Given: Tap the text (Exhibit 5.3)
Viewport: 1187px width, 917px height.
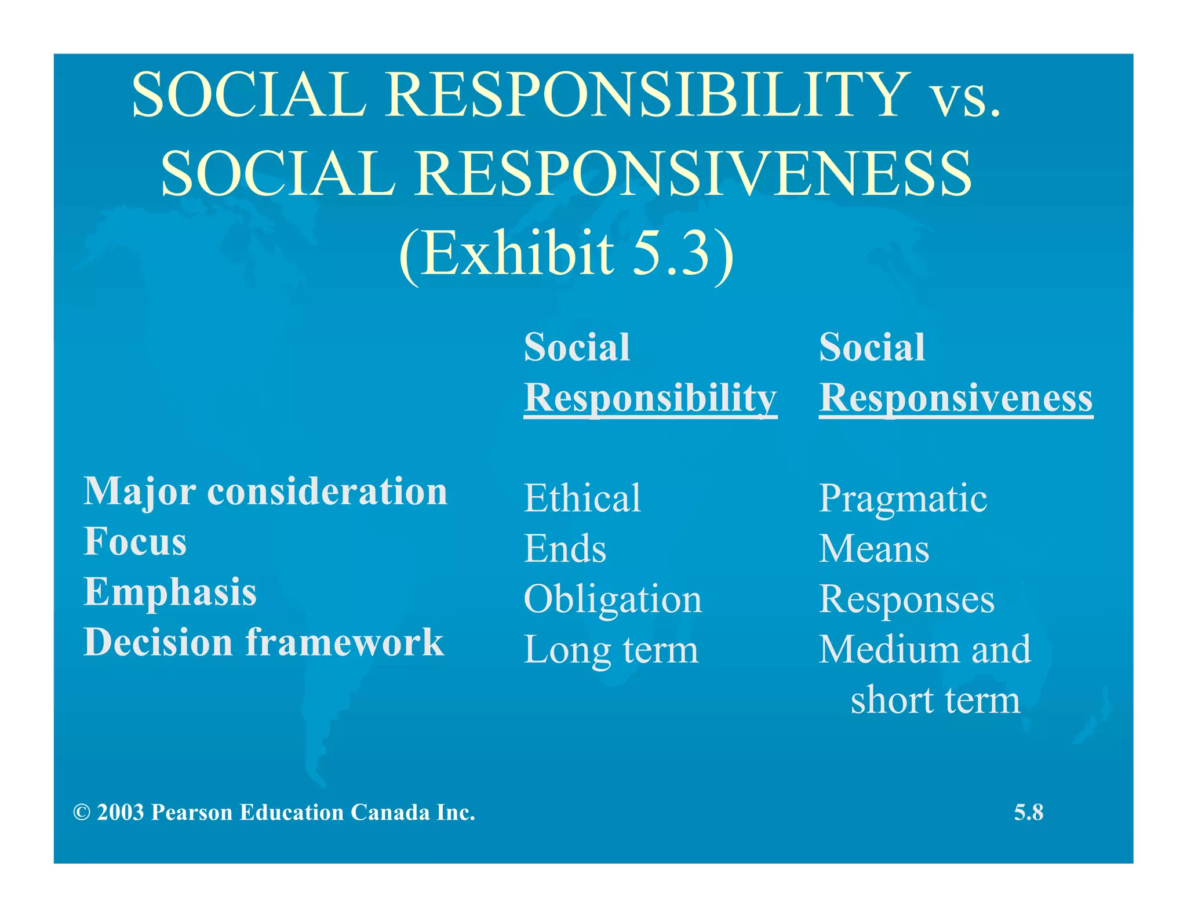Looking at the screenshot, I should tap(566, 253).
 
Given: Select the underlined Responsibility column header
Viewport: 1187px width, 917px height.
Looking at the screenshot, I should tap(650, 398).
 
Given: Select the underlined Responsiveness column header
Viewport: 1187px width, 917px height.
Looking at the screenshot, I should tap(955, 398).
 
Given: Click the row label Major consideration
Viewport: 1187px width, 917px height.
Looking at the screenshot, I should tap(265, 492).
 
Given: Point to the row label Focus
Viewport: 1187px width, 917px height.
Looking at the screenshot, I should tap(135, 541).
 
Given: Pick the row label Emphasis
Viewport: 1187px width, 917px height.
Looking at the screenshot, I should tap(170, 592).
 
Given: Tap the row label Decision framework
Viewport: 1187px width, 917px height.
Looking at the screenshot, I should tap(264, 642).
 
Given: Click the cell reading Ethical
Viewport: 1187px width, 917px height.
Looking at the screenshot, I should tap(582, 498).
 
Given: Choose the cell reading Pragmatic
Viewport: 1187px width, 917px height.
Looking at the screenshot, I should tap(902, 499).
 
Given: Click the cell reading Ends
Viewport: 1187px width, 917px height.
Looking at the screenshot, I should tap(565, 548).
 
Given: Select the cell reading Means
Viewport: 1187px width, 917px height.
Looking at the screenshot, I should tap(873, 548).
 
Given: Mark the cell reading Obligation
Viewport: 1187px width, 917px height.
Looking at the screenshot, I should tap(613, 599).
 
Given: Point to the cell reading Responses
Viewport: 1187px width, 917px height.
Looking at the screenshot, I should tap(906, 599).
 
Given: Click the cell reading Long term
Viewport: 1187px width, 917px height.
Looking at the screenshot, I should tap(611, 650).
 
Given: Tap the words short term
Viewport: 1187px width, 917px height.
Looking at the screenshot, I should tap(934, 700).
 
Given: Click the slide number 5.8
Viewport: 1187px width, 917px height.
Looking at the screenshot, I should tap(1028, 812).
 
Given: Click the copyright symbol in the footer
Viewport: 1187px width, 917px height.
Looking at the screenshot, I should tap(82, 813).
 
